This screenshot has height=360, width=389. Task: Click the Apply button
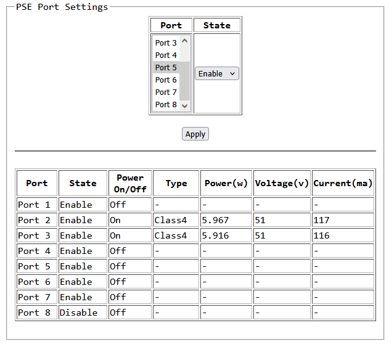[195, 134]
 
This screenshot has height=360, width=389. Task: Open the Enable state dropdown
[217, 73]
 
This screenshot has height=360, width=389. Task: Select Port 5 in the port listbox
[166, 67]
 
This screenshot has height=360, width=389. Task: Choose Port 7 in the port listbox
[166, 92]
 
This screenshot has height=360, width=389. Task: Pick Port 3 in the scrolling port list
[166, 43]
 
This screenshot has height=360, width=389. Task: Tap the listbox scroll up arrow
[184, 41]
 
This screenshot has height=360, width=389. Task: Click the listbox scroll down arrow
[184, 106]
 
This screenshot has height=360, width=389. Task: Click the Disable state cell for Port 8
[78, 313]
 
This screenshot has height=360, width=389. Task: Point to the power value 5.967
[215, 220]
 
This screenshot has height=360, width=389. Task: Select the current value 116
[321, 235]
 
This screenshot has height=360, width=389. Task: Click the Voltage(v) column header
[282, 183]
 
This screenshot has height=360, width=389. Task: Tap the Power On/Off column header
[130, 183]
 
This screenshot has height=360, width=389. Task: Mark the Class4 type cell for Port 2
[171, 220]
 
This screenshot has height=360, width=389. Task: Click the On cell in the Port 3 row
[115, 235]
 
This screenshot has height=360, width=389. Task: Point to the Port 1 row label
[34, 205]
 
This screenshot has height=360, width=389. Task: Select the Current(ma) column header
[343, 183]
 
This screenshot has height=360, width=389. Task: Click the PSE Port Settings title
[62, 7]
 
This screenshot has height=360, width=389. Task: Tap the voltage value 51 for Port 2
[260, 220]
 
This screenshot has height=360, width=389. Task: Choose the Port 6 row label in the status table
[34, 282]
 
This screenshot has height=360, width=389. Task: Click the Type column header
[176, 183]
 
